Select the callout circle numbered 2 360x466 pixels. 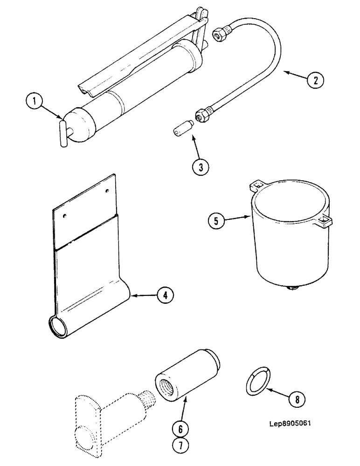[315, 80]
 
